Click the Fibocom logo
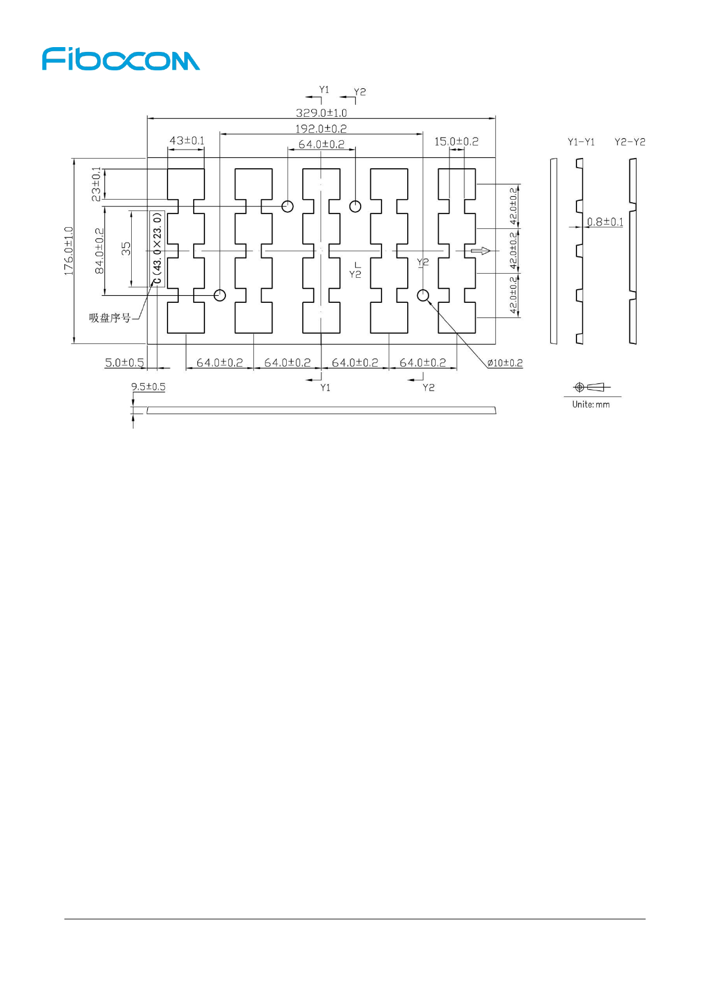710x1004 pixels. pos(121,60)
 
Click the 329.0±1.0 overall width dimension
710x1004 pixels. pos(321,113)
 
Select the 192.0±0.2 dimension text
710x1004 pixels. pos(321,129)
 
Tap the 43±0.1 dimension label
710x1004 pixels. pos(187,141)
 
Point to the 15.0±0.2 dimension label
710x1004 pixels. pos(456,141)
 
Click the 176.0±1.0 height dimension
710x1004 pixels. pos(69,250)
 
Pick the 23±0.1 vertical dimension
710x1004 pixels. pos(97,184)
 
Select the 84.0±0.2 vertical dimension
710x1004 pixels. pos(100,250)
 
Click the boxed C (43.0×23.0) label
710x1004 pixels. pos(157,249)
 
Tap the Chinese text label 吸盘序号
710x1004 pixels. pos(110,318)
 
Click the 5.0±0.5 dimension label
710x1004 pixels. pos(125,362)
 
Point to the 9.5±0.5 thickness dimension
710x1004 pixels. pos(148,387)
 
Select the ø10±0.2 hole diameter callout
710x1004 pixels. pos(504,363)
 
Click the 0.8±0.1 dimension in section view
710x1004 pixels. pos(605,222)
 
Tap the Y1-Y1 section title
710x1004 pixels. pos(581,142)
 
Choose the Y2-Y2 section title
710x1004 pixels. pos(630,142)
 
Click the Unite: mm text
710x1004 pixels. pos(591,404)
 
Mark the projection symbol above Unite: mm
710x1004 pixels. pos(591,388)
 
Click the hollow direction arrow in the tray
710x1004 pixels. pos(480,251)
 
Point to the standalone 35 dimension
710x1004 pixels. pos(126,249)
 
